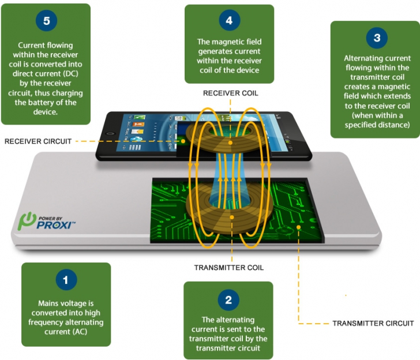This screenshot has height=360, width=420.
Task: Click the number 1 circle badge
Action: coord(66,281)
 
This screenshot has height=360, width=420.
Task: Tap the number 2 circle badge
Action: coord(229,300)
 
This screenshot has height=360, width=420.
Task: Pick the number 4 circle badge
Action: coord(229,21)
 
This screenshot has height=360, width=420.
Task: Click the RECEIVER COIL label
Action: coord(230,92)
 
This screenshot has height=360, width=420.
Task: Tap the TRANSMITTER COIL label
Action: coord(229,268)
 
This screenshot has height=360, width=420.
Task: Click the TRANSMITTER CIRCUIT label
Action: coord(373,323)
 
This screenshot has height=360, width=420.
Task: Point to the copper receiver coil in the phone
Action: coord(230,143)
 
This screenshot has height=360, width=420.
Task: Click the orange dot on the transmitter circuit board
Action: coord(298,227)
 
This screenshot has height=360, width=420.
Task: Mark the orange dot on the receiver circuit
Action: coord(183,140)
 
